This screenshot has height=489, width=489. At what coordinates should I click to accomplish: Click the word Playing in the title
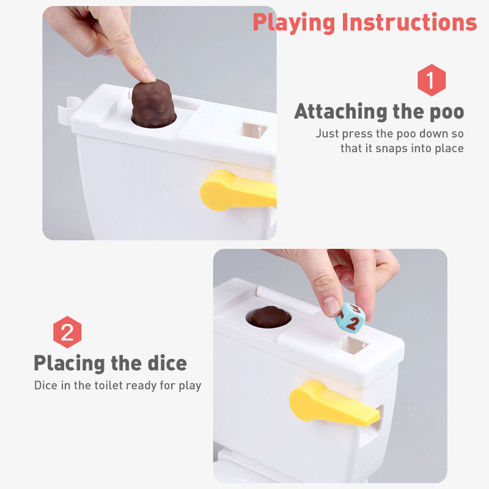point(294,23)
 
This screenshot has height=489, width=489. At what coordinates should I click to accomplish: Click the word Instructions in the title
point(410,22)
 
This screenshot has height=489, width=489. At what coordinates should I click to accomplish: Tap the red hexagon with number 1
point(432,80)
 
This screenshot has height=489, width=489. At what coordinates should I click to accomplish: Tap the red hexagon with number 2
point(67,332)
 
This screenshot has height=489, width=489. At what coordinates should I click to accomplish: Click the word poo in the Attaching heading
point(447,112)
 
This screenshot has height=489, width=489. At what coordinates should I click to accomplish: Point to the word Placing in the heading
point(69,363)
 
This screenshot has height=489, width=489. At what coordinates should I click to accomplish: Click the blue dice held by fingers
point(350,318)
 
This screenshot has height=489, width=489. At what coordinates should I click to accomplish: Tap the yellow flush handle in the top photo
point(238,190)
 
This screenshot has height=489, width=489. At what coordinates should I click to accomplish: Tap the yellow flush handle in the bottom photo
point(334,403)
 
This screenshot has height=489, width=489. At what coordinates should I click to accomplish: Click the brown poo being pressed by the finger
point(153,104)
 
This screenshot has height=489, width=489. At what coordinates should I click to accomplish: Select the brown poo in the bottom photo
point(270,317)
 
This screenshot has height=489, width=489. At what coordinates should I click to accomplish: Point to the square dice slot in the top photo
point(254,130)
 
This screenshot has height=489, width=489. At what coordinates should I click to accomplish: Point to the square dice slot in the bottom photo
point(355,344)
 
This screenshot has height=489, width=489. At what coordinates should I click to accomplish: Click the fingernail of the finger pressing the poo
point(149,75)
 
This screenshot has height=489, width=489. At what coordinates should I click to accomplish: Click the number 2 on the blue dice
point(353,323)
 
